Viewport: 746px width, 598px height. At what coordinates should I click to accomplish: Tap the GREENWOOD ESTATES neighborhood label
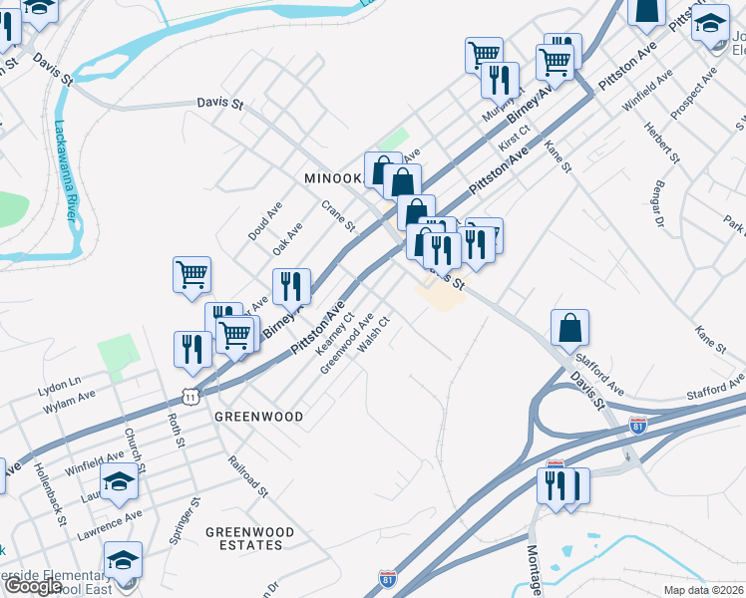point(250,539)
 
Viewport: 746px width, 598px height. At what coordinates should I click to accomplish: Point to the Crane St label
point(338,215)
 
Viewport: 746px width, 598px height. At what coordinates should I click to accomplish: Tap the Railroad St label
point(248,476)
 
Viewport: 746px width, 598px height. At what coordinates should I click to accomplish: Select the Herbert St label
point(661,143)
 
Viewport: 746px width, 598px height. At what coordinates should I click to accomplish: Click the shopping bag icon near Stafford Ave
point(569,327)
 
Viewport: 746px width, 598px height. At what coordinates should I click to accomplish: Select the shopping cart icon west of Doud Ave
point(191,273)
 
